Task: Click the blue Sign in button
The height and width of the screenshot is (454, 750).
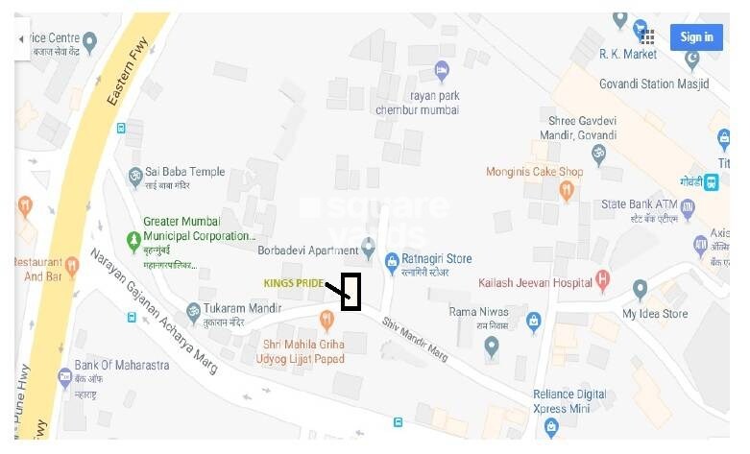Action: pos(696,37)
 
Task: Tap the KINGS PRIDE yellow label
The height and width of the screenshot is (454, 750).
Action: pos(294,283)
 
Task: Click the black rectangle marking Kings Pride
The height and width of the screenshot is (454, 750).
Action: pos(351,292)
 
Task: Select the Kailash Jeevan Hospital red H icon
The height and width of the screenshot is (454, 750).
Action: pos(603,282)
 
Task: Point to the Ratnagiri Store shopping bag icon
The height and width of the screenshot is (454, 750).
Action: pos(392,260)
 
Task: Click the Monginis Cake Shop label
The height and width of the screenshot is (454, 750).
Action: pos(535,172)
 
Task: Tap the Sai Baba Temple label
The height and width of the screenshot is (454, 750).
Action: pos(185,172)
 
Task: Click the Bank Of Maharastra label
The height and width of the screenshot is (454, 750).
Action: pos(122,366)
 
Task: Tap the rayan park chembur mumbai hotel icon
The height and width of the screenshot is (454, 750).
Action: pos(442,70)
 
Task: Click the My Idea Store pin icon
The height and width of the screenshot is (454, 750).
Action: pos(641,288)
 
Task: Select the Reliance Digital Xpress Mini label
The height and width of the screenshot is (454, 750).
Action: pos(570,401)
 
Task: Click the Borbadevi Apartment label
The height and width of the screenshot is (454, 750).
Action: pos(308,251)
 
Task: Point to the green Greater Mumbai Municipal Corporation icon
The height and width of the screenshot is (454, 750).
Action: pos(133,237)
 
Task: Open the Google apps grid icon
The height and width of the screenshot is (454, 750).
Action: pos(648,36)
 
